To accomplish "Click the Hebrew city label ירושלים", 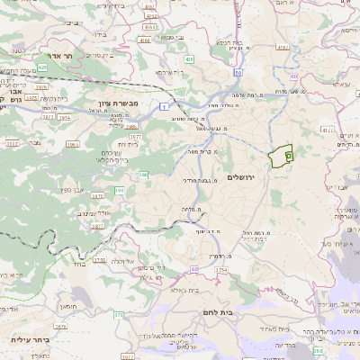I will click(x=242, y=176).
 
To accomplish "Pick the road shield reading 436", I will click(x=190, y=58).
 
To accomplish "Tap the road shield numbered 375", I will click(x=119, y=315).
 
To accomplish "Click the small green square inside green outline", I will click(x=288, y=156).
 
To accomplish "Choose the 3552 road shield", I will click(x=13, y=142).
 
